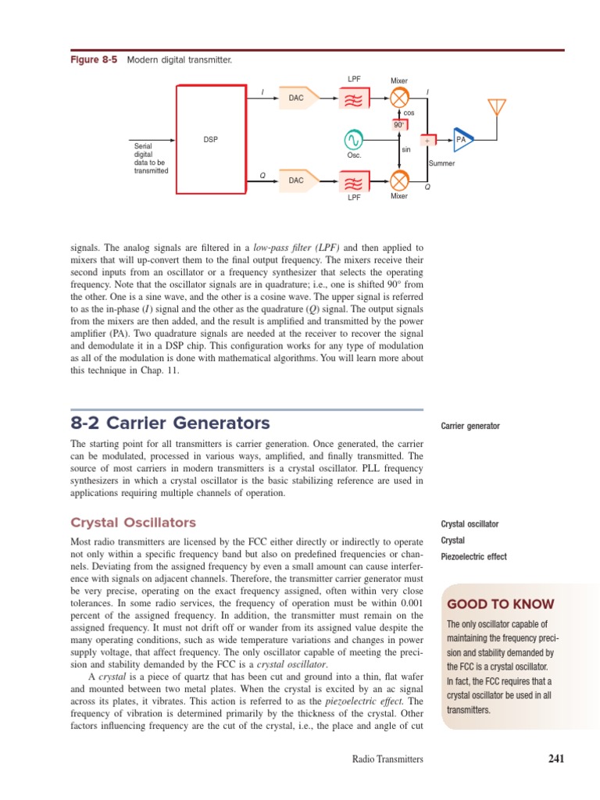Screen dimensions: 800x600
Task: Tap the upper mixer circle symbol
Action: tap(399, 98)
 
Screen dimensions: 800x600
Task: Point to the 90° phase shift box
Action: tap(398, 124)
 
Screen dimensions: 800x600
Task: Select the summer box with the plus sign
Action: tap(428, 141)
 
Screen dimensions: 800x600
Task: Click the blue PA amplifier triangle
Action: tap(462, 140)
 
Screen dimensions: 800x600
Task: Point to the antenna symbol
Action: tap(496, 108)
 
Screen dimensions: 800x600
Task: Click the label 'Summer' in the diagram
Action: tap(441, 163)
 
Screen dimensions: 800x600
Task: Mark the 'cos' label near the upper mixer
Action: tap(409, 113)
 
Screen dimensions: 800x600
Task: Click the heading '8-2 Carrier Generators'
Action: tap(170, 423)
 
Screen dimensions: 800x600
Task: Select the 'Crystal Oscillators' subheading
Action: tap(134, 523)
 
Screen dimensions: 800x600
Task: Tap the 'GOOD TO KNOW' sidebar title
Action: tap(500, 605)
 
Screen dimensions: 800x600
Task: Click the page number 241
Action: tap(555, 758)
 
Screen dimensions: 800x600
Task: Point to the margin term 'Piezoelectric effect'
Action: tap(473, 557)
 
